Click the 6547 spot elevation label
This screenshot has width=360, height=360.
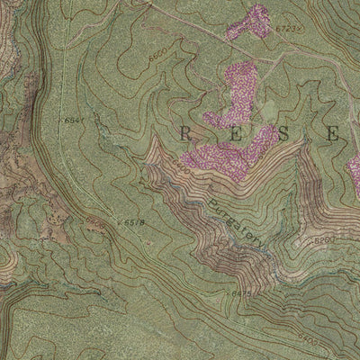(x=75, y=120)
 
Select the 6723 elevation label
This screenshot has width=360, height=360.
(x=287, y=31)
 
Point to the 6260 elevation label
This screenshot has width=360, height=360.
(x=325, y=240)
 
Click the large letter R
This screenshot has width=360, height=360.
(x=186, y=135)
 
